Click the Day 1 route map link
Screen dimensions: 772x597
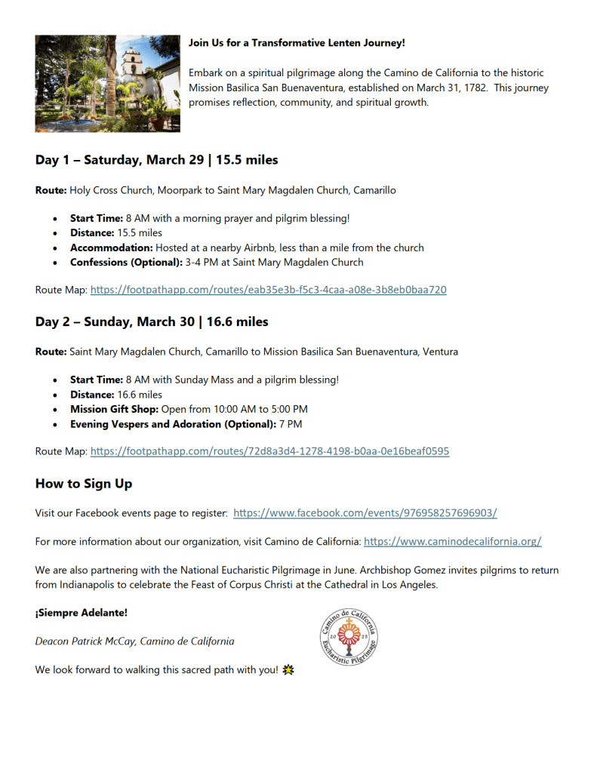coord(268,290)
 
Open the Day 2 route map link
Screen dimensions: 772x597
coord(269,451)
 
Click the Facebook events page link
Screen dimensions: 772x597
coord(365,513)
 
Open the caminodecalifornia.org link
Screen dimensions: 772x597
coord(452,541)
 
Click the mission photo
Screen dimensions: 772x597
coord(107,84)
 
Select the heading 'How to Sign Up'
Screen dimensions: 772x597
coord(83,484)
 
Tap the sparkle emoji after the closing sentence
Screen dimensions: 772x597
coord(287,670)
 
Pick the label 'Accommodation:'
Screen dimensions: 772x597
coord(111,248)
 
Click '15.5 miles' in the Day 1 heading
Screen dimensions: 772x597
coord(247,160)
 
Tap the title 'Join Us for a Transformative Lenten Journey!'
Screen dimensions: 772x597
coord(297,43)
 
